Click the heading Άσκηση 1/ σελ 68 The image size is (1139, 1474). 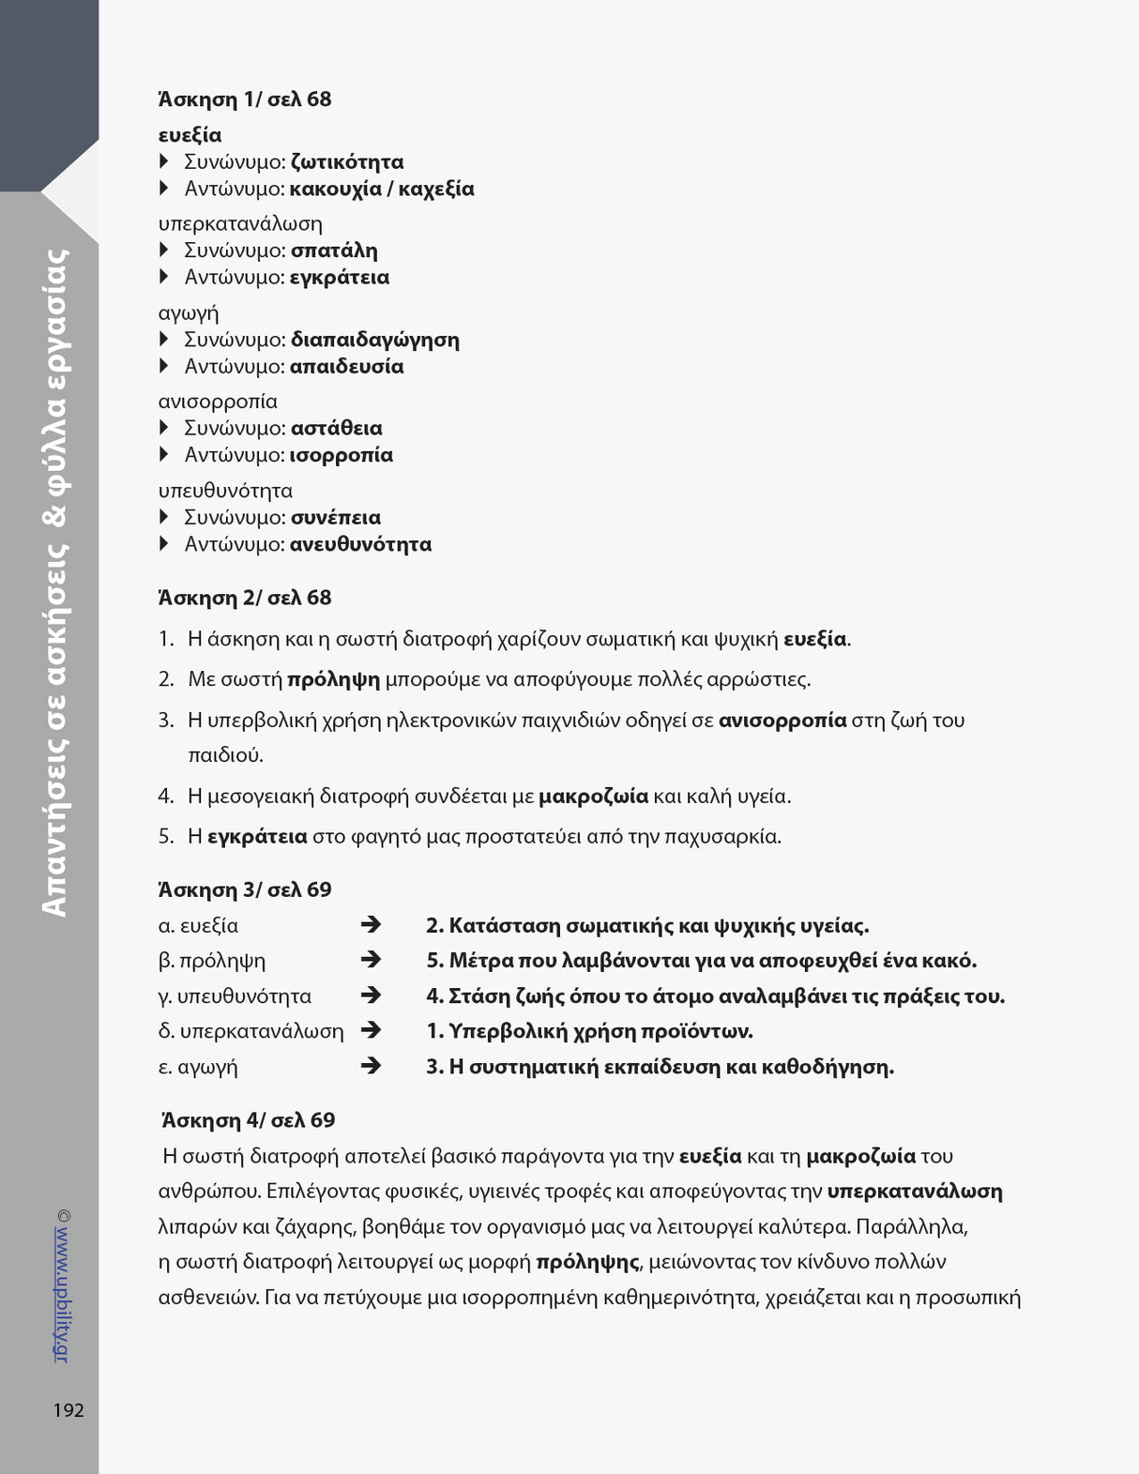(245, 99)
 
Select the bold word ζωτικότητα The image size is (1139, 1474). (347, 162)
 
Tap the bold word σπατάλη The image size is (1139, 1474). (334, 251)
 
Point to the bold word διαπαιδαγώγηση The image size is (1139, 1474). (374, 340)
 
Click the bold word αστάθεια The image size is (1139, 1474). (336, 429)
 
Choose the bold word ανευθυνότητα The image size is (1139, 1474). (360, 544)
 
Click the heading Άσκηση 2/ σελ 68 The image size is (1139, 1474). (245, 598)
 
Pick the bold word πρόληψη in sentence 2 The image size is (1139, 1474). (333, 679)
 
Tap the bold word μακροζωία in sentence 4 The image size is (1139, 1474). (593, 797)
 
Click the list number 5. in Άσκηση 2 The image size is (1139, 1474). (166, 836)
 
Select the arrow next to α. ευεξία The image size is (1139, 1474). (371, 925)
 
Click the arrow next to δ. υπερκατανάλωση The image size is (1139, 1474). (371, 1030)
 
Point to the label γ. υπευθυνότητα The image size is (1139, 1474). (235, 995)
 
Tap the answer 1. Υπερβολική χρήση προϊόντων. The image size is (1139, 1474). (589, 1031)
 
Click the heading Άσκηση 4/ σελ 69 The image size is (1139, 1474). (249, 1120)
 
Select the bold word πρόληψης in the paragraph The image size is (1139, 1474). (587, 1262)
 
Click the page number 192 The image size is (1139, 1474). (68, 1410)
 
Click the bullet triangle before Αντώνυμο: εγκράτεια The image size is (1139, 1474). (164, 277)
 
